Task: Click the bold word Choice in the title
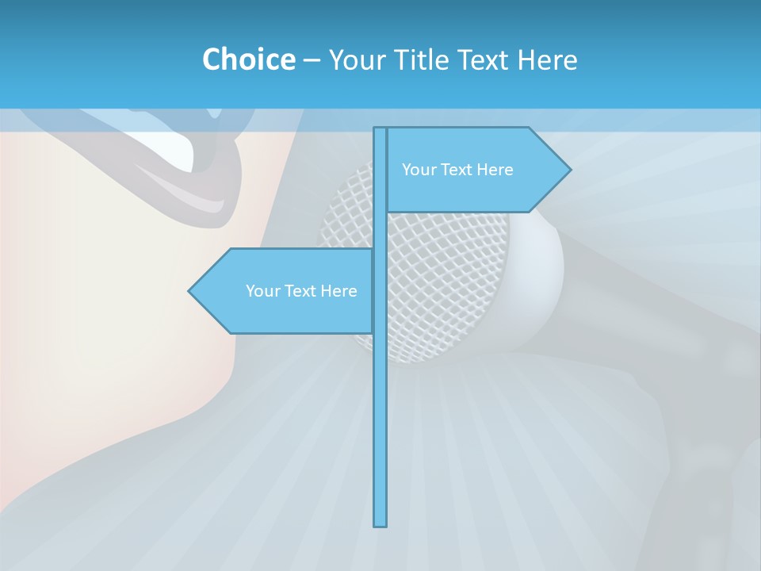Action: click(248, 59)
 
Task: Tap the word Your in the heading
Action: click(355, 59)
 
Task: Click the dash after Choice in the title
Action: click(312, 60)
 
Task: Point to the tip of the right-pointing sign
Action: click(569, 169)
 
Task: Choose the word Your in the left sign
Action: click(262, 291)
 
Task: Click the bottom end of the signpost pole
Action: click(380, 523)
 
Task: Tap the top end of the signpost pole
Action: click(380, 129)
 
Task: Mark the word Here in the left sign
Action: click(338, 291)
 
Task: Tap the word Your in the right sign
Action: click(419, 170)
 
